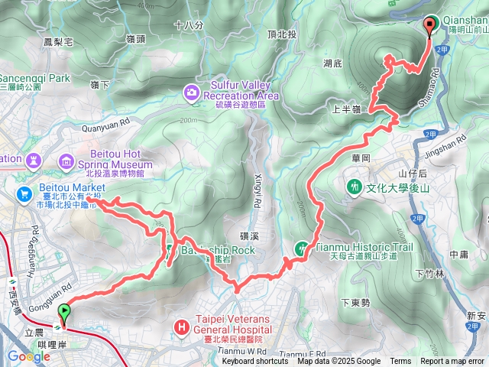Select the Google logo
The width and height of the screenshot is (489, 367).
click(x=28, y=356)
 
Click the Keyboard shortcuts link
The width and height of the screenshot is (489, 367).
click(x=255, y=362)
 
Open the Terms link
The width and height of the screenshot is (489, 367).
click(x=400, y=362)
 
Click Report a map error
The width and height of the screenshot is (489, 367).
click(x=453, y=362)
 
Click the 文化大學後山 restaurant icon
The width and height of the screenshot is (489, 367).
click(x=354, y=186)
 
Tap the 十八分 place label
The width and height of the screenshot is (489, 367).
click(x=189, y=25)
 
